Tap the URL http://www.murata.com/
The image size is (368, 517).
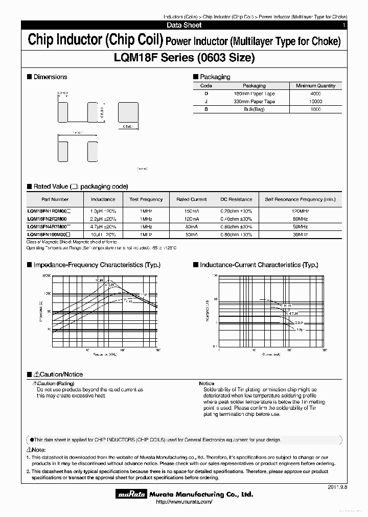coord(183,502)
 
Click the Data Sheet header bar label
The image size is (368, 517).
coord(184,25)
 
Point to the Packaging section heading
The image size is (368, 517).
coord(214,77)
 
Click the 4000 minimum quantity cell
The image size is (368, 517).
coord(315,94)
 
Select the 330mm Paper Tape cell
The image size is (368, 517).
coord(254,102)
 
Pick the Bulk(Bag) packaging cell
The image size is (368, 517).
coord(254,109)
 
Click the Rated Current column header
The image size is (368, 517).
coord(191,199)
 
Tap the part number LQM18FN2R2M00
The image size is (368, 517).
coord(47,219)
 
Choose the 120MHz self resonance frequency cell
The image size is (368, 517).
coord(300,211)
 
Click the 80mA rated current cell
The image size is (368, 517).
coord(191,226)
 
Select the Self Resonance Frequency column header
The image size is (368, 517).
coord(300,199)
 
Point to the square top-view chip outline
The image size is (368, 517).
coord(128,111)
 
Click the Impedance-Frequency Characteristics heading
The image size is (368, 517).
coord(97,265)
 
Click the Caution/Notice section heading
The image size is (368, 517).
coord(57,374)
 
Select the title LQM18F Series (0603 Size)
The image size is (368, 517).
coord(183,58)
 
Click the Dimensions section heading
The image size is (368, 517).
coord(50,77)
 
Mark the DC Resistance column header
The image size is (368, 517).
coord(236,199)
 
